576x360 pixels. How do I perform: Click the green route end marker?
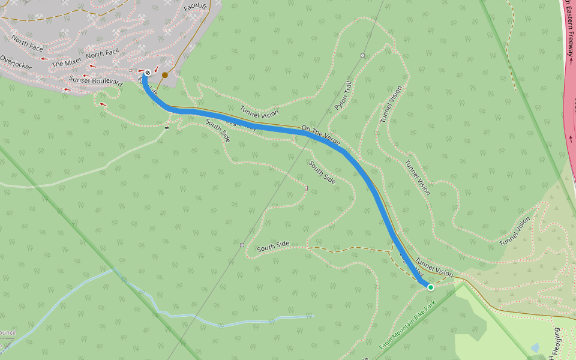click(x=430, y=287)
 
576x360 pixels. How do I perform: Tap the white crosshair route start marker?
click(x=147, y=73)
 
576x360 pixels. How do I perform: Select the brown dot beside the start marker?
click(x=165, y=75)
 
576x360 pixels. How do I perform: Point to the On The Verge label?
click(x=321, y=136)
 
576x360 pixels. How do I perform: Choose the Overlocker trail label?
click(x=16, y=62)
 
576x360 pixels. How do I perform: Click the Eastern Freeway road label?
click(x=571, y=30)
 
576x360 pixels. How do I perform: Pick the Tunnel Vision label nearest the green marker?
click(x=434, y=268)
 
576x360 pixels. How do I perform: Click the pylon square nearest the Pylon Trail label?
click(x=362, y=55)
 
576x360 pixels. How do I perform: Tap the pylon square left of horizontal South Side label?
click(x=242, y=245)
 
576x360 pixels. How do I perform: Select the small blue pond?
click(x=535, y=347)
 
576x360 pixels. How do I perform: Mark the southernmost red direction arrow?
click(x=103, y=104)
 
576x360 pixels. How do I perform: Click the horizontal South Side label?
click(x=273, y=246)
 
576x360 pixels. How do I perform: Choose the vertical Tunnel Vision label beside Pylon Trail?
click(x=391, y=104)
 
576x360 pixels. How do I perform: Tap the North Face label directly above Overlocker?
click(x=27, y=43)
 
